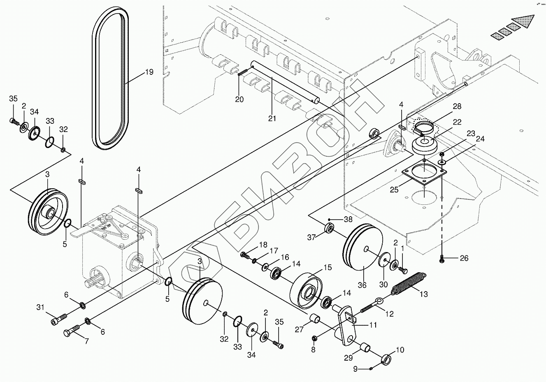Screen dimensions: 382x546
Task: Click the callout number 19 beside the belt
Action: tap(149, 72)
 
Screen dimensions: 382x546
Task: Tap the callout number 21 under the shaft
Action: tap(272, 118)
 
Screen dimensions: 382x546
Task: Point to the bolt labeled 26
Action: tap(441, 259)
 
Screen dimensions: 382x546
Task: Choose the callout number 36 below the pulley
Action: tap(362, 284)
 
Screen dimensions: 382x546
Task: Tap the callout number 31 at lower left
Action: tap(40, 307)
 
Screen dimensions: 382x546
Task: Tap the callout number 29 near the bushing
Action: tap(349, 358)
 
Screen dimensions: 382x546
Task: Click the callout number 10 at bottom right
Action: tap(400, 350)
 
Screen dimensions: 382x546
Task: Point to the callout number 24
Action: tap(480, 139)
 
